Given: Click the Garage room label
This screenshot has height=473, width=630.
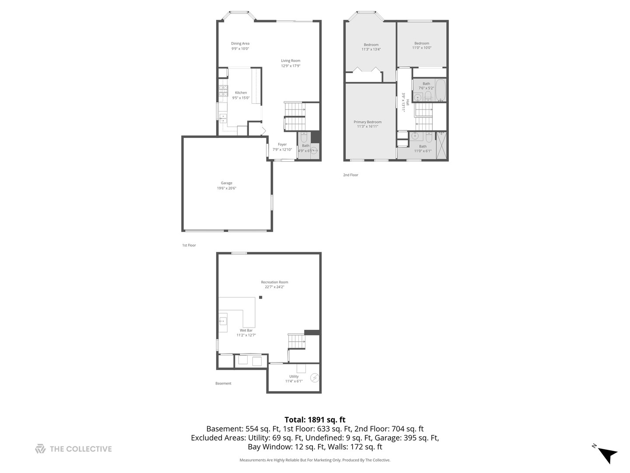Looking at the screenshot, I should click(226, 183).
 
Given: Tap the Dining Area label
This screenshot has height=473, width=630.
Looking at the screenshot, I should click(240, 43).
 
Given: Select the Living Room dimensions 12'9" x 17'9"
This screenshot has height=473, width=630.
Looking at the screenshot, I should click(290, 66).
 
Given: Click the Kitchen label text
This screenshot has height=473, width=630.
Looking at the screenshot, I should click(241, 92).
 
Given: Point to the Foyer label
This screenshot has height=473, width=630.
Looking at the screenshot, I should click(282, 144).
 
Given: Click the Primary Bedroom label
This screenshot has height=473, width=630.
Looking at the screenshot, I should click(367, 122).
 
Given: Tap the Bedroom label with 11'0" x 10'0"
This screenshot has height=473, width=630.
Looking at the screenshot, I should click(422, 43).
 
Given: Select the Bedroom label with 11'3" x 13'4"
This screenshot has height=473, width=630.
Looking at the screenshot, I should click(371, 44).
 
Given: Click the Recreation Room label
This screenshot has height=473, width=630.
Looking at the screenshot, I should click(274, 282).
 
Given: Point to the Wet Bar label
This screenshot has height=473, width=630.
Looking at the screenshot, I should click(246, 330).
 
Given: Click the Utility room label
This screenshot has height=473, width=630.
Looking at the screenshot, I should click(294, 376).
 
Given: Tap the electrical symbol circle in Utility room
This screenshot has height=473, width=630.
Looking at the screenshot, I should click(315, 378).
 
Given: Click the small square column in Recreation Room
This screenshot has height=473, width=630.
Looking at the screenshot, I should click(260, 297).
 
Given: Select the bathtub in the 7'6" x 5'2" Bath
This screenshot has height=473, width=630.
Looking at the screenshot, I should click(440, 90).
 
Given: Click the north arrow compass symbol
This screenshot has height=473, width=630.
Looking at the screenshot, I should click(607, 454).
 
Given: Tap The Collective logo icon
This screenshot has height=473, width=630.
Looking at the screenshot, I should click(40, 448).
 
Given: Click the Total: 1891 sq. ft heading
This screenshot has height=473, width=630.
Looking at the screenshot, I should click(315, 420).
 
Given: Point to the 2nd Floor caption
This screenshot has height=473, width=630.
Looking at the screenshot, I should click(350, 175).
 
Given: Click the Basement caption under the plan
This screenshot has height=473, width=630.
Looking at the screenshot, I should click(223, 383).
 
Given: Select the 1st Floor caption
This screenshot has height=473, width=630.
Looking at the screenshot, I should click(189, 245).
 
